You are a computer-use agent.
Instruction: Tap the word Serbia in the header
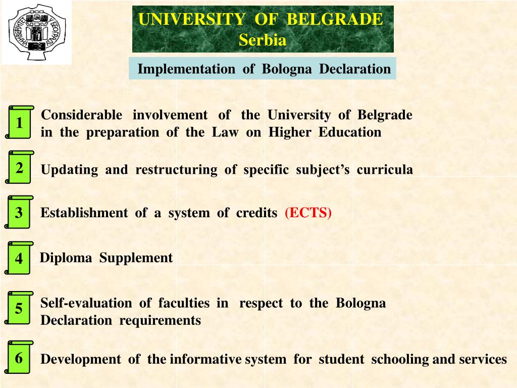(x=263, y=40)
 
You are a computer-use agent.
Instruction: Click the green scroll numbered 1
(x=19, y=123)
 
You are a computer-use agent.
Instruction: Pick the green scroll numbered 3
(x=19, y=213)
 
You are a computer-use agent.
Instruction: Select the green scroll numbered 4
(x=19, y=258)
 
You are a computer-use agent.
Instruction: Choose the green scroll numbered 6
(x=19, y=358)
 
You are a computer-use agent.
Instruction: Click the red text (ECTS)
(x=308, y=213)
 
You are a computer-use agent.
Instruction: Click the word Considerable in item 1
(x=81, y=115)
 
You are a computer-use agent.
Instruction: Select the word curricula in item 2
(x=385, y=170)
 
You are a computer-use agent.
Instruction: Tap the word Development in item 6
(x=80, y=360)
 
